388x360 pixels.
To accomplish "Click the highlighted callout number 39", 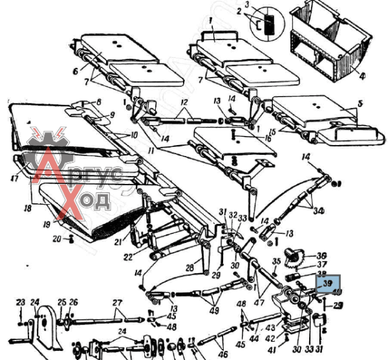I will click(327, 284).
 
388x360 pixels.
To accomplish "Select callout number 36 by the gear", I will click(321, 254).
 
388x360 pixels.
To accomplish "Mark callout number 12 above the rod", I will click(184, 104).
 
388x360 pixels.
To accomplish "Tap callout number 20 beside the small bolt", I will click(57, 238).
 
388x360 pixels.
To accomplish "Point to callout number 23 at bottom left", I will click(21, 302).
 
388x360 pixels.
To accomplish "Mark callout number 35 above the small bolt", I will click(276, 262).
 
